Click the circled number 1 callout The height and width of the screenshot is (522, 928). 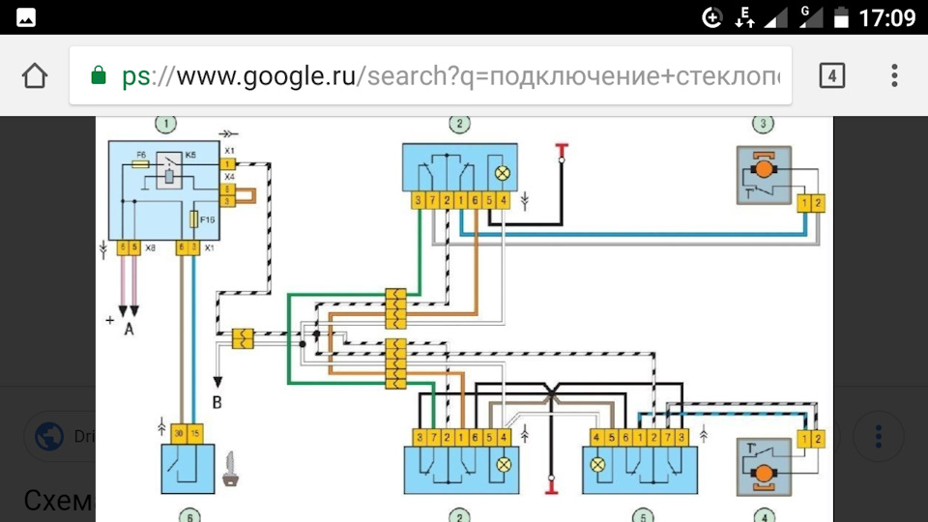[x=168, y=123]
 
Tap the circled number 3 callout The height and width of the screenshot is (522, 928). [x=764, y=123]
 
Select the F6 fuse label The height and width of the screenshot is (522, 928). [x=141, y=155]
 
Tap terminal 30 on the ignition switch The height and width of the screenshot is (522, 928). [x=180, y=432]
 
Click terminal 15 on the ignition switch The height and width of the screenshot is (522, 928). [x=195, y=432]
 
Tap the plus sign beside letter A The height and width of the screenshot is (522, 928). [x=110, y=318]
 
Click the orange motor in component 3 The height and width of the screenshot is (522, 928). [x=765, y=169]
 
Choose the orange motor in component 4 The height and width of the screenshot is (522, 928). [x=765, y=475]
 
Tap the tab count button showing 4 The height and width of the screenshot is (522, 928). [x=830, y=75]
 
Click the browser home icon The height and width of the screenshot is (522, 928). [x=35, y=75]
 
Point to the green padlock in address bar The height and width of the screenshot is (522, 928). [x=98, y=75]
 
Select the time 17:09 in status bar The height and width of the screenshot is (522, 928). [x=886, y=17]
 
